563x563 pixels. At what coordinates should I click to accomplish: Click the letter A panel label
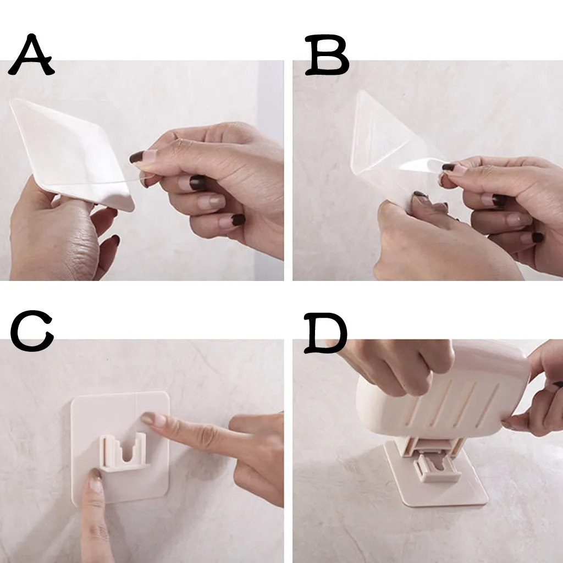31,54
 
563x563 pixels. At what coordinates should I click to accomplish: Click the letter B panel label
327,54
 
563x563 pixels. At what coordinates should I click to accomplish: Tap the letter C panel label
32,331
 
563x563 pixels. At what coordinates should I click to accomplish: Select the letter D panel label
325,333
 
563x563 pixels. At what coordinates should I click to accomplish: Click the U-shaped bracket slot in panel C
123,452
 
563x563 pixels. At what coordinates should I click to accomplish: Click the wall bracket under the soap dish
436,467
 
